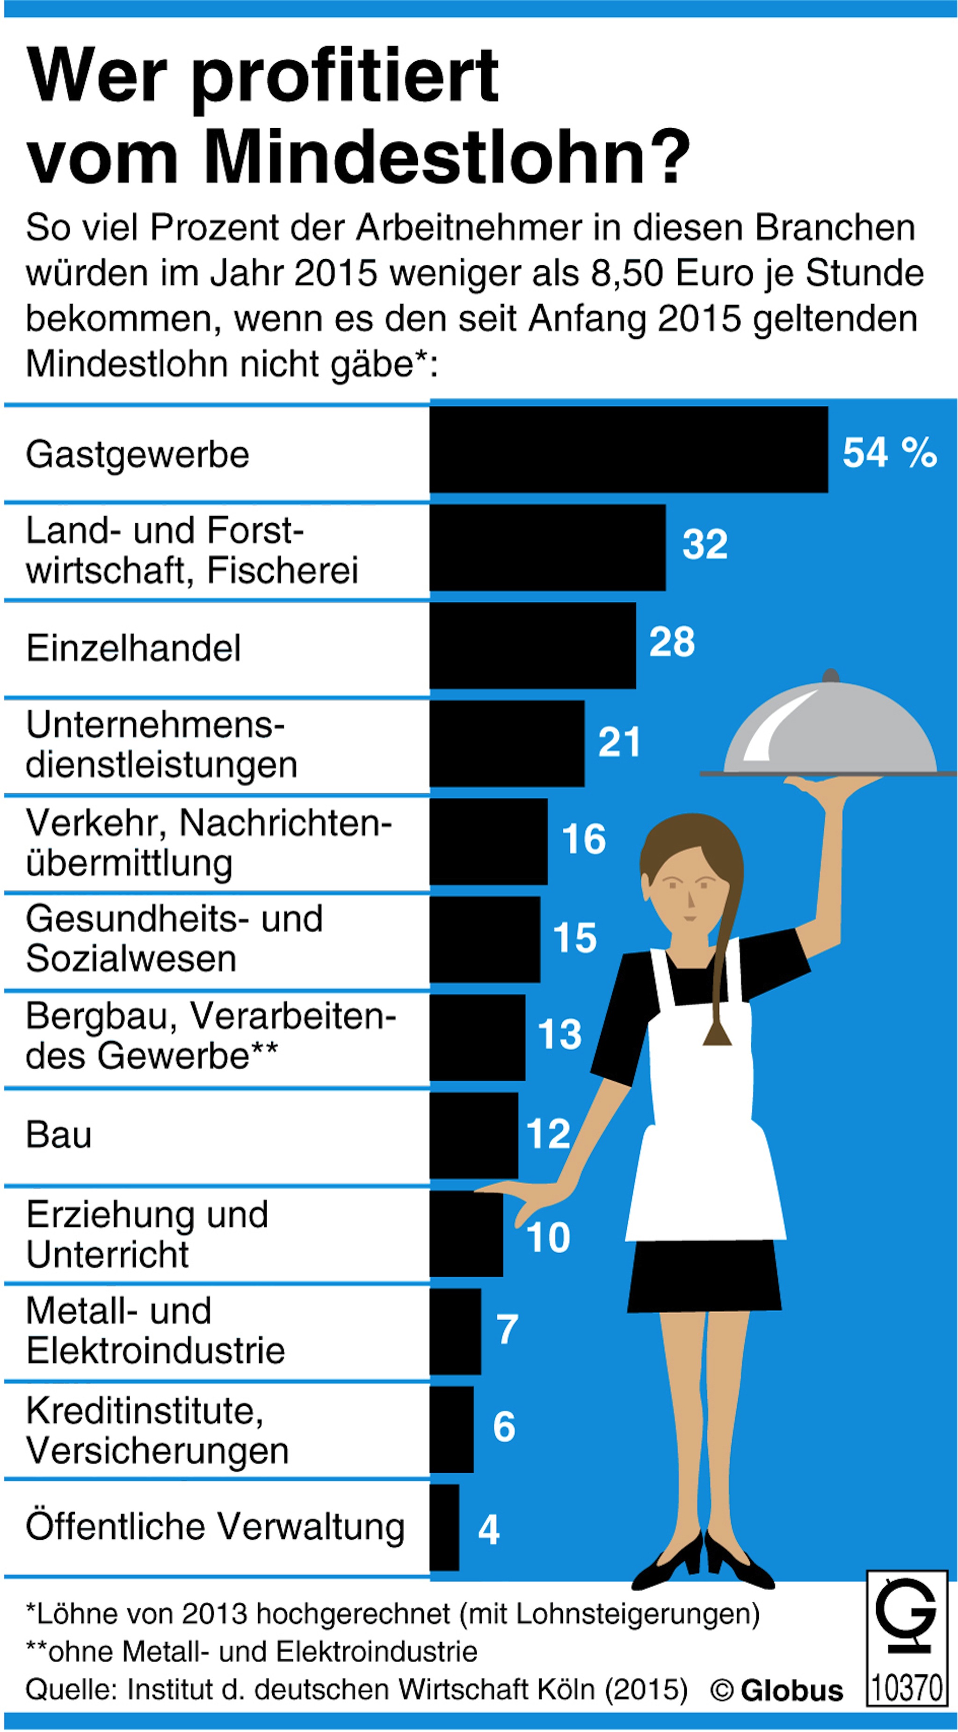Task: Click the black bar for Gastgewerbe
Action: click(x=629, y=449)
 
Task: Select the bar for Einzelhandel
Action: click(x=532, y=645)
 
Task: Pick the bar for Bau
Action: click(x=474, y=1136)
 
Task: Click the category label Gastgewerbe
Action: click(x=137, y=454)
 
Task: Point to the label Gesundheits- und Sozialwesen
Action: click(x=174, y=939)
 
